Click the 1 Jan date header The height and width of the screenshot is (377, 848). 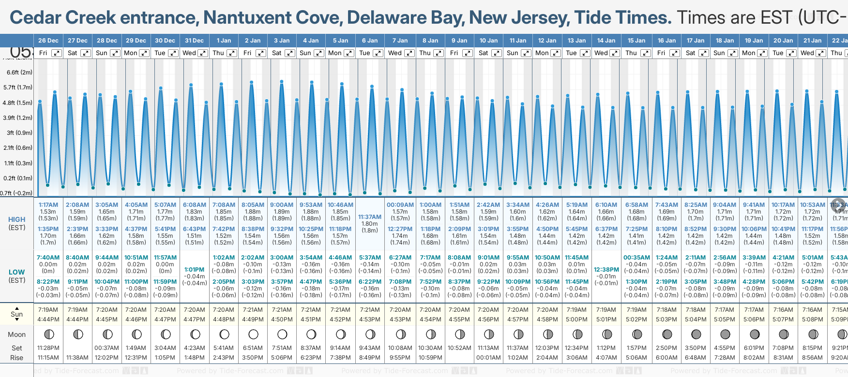tap(224, 41)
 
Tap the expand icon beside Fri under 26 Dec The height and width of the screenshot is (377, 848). tap(57, 53)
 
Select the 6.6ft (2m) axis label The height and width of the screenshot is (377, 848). tap(19, 72)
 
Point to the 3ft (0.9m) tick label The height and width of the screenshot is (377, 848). tap(19, 132)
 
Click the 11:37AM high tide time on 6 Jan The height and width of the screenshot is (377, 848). tap(370, 217)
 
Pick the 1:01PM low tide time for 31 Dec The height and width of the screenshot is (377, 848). tap(195, 270)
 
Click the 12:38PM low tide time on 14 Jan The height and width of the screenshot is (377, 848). tap(606, 270)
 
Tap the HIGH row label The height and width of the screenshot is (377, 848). tap(17, 219)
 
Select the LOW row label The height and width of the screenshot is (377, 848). tap(17, 272)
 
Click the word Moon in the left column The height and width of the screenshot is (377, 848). tap(17, 334)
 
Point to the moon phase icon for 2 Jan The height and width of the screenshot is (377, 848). tap(253, 334)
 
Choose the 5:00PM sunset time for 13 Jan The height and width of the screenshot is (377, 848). tap(577, 319)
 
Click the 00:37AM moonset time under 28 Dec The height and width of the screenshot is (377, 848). tap(107, 348)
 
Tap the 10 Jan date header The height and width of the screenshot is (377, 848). tap(488, 41)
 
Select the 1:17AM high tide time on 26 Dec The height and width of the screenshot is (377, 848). tap(48, 205)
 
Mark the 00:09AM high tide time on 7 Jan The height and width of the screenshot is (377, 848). tap(400, 205)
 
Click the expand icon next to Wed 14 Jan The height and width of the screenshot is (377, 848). tap(614, 53)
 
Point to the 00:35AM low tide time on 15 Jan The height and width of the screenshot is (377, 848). tap(636, 258)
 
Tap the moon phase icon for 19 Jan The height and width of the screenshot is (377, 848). tap(754, 334)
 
